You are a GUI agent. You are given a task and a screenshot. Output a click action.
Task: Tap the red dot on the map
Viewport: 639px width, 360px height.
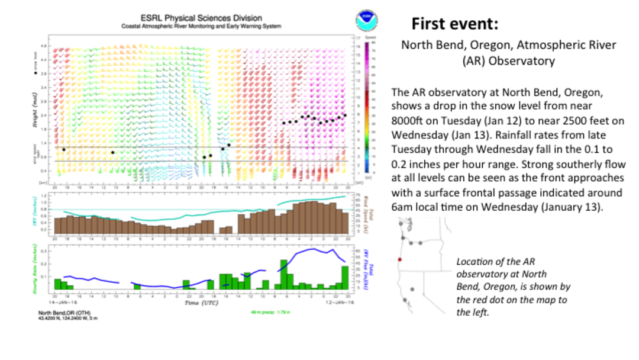pyautogui.click(x=400, y=259)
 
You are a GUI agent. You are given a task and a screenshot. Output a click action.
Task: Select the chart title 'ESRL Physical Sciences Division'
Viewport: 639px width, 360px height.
pyautogui.click(x=201, y=18)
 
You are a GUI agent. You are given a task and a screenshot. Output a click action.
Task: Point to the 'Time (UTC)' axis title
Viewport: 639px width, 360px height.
pyautogui.click(x=200, y=303)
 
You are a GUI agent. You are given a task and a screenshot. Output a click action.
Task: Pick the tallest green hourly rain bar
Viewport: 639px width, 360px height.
pyautogui.click(x=283, y=274)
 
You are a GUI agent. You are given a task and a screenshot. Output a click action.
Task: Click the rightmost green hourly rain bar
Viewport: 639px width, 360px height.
pyautogui.click(x=345, y=278)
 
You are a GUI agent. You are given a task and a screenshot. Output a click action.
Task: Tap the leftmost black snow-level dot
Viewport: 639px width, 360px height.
pyautogui.click(x=64, y=149)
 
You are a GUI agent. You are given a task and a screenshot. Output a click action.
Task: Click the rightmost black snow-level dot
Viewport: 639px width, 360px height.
pyautogui.click(x=345, y=115)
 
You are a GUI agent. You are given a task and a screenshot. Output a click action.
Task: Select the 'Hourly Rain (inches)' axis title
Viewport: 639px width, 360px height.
pyautogui.click(x=35, y=270)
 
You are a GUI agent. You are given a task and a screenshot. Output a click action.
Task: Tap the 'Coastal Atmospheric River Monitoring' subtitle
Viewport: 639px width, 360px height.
pyautogui.click(x=201, y=27)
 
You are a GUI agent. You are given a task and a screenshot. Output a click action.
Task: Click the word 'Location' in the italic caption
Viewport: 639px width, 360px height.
pyautogui.click(x=474, y=261)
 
